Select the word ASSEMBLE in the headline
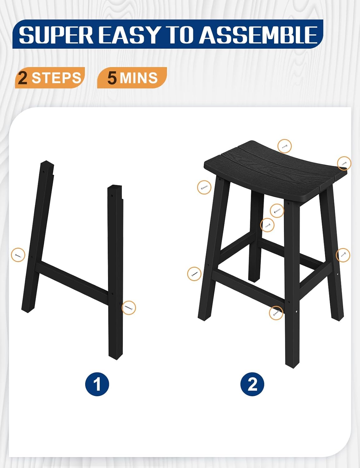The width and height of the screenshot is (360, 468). pos(258,35)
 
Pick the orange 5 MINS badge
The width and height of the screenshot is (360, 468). pos(132,78)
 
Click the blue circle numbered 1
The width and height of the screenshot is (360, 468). pos(97,384)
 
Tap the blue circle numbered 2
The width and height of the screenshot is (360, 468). pos(252,384)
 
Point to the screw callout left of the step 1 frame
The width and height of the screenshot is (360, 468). pos(18,255)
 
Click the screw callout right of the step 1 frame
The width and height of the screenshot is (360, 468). pos(129,308)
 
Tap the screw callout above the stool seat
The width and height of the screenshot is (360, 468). pos(285,146)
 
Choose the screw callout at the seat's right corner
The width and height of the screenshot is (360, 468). pos(344,163)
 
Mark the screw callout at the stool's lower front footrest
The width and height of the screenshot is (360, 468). pos(276,313)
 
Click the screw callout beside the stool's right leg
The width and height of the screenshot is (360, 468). pos(343,255)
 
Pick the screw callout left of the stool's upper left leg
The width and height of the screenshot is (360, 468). pos(204,187)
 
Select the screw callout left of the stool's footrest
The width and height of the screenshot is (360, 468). pos(194,274)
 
